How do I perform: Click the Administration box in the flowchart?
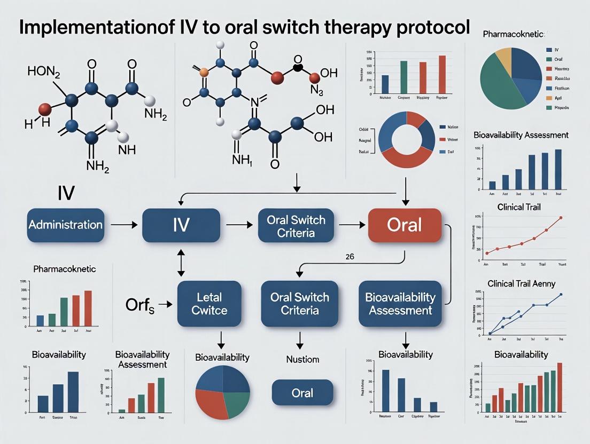65,225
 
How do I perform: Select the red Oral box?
405,225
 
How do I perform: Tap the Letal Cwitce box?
209,304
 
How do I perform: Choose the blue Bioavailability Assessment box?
400,304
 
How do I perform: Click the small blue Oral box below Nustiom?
302,393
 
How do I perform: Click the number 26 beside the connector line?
350,257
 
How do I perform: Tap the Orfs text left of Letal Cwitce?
140,305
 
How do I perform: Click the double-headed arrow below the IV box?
181,262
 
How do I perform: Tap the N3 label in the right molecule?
316,92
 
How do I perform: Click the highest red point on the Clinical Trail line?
561,218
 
